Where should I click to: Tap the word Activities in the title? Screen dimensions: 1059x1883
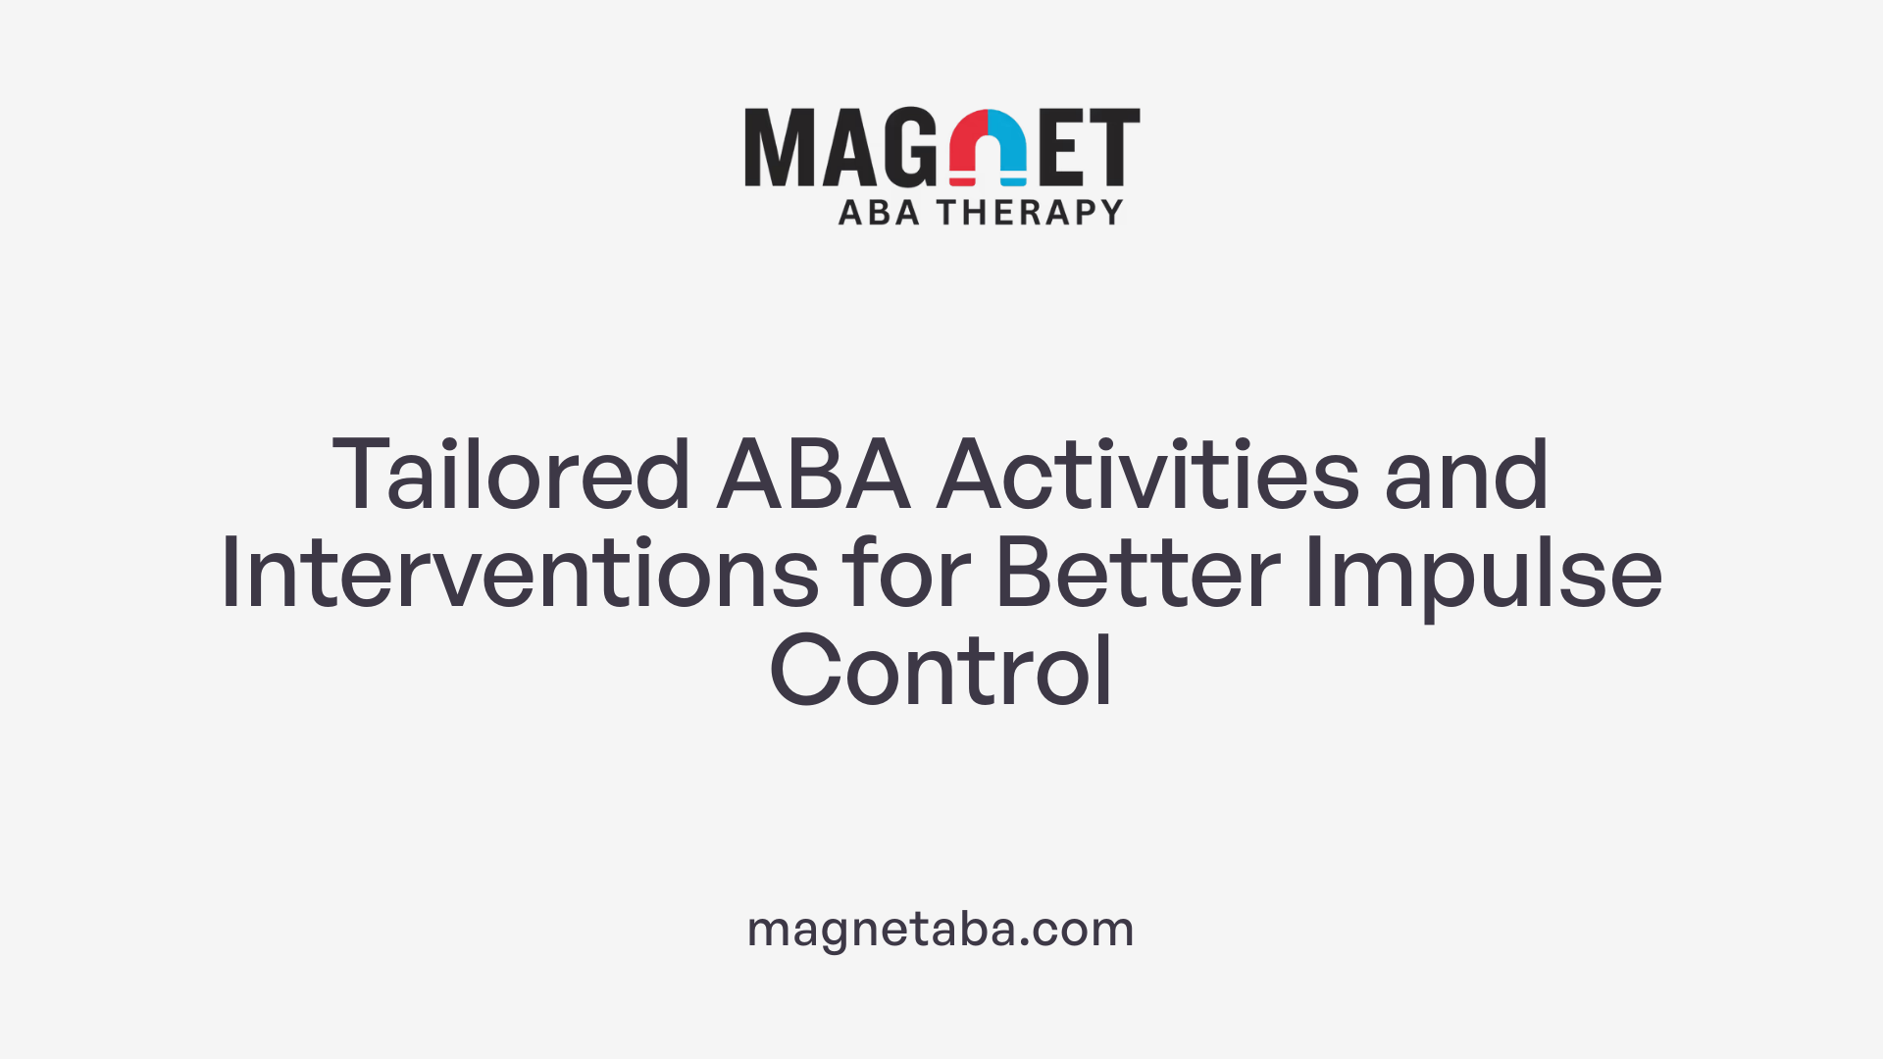(1147, 476)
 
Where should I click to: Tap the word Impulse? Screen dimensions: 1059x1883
(1483, 576)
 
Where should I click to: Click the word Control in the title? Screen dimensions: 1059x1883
(941, 672)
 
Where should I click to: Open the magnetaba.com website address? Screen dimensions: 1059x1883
(941, 929)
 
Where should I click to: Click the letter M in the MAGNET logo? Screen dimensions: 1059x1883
(781, 147)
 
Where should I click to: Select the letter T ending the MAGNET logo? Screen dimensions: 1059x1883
(1114, 147)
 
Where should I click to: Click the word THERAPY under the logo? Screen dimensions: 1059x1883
(1030, 213)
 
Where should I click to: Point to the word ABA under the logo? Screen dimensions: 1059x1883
(879, 213)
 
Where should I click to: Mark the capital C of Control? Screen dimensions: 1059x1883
(804, 672)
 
